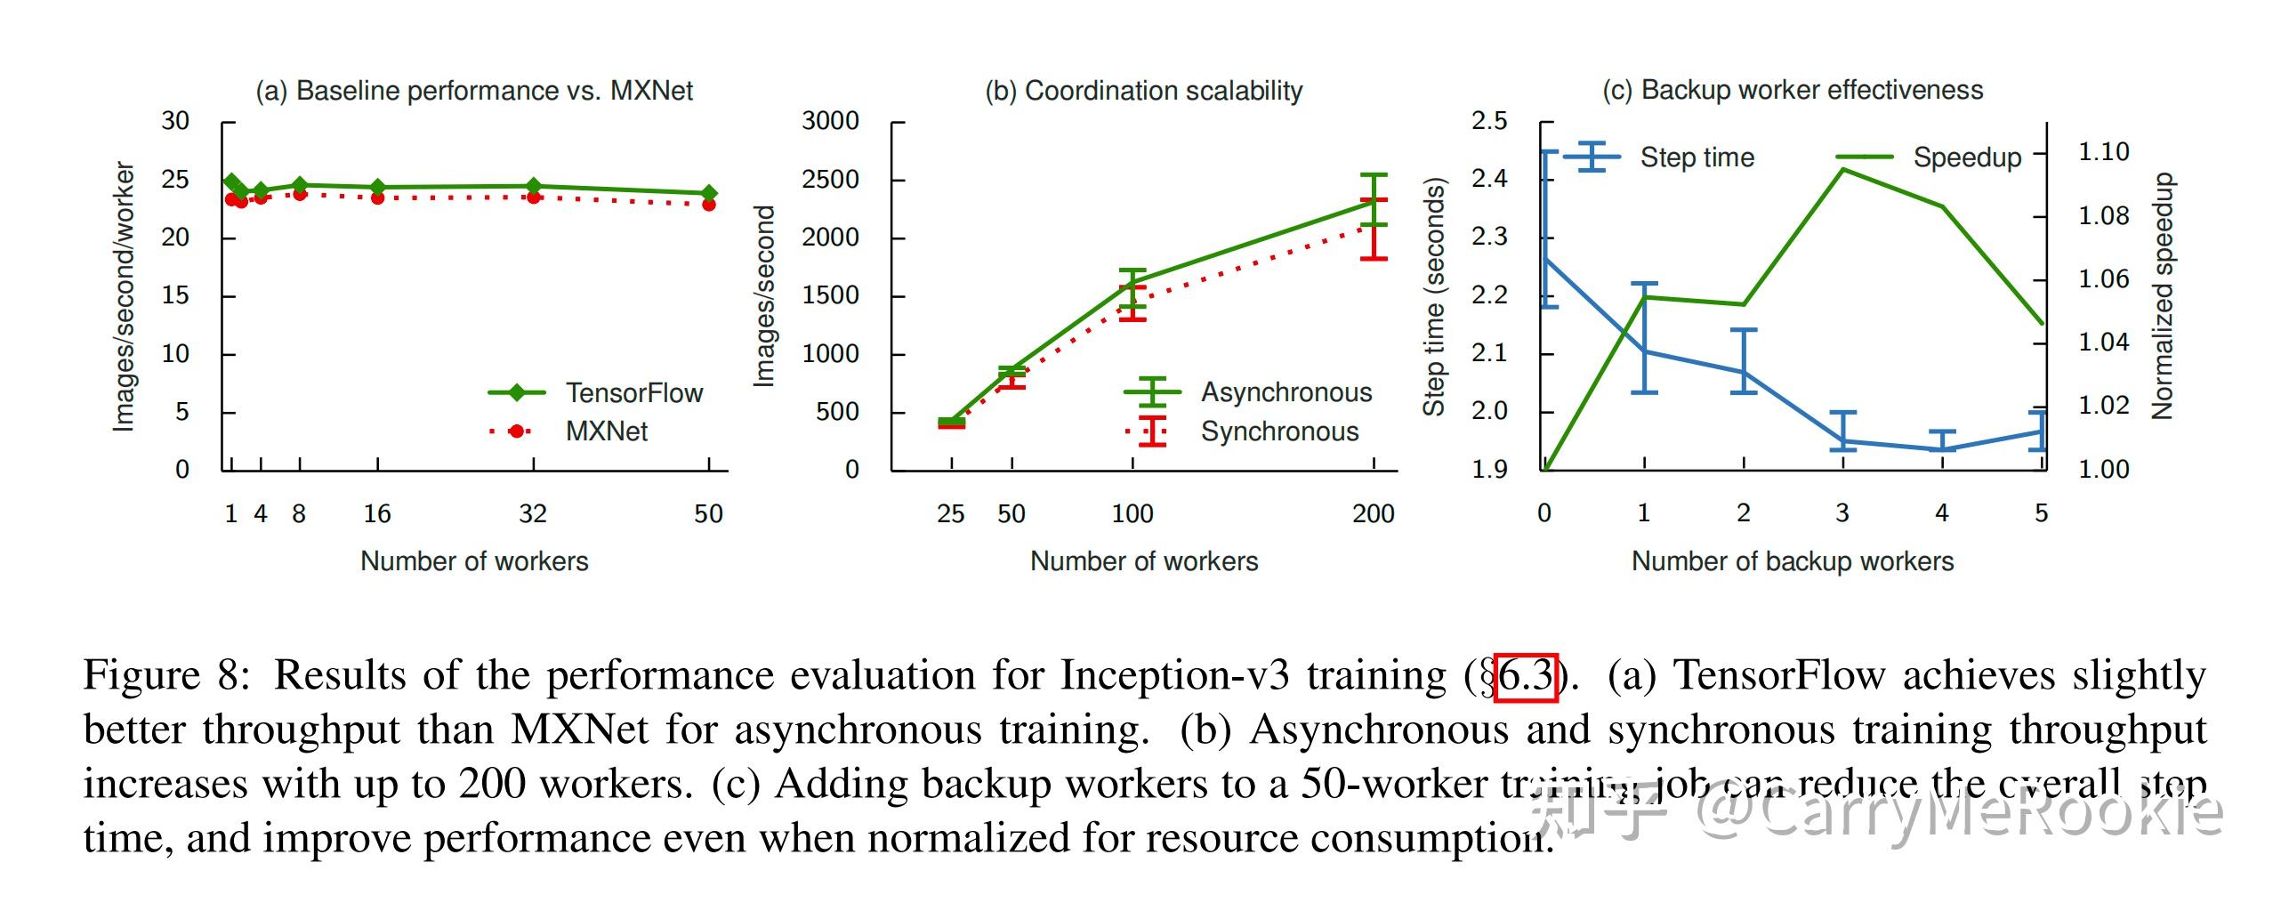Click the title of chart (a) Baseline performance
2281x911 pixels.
[474, 91]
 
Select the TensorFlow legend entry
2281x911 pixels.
[633, 392]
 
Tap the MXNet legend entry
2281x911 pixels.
[606, 431]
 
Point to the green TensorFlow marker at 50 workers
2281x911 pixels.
[709, 193]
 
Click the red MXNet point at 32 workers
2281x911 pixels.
[534, 197]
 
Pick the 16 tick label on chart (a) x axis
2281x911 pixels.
[377, 513]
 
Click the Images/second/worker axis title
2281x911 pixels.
[124, 296]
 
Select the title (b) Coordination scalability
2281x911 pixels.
[1143, 91]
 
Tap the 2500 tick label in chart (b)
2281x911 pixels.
[830, 180]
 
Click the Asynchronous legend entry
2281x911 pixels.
[1286, 392]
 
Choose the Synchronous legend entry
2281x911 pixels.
[1279, 431]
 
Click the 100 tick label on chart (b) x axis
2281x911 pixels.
[1132, 513]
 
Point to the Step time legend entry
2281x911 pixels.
[1697, 157]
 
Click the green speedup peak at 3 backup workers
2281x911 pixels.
[1843, 169]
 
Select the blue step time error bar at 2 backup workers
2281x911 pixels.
[1744, 360]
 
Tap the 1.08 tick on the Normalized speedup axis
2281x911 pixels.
[2103, 215]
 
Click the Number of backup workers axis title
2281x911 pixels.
[1792, 561]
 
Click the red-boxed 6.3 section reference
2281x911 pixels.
[1525, 677]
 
